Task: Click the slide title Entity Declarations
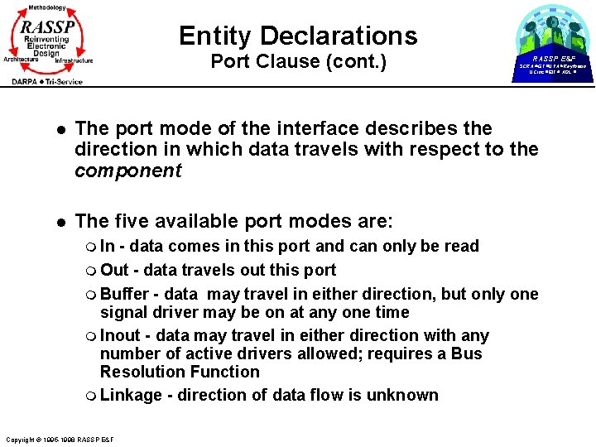pos(298,36)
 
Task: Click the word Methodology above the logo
pos(46,7)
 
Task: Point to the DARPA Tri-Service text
pos(47,81)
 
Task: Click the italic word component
pos(127,171)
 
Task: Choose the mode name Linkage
pos(130,395)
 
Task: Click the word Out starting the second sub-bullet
pos(114,270)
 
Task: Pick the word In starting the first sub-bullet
pos(108,246)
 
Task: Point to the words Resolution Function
pos(180,372)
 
